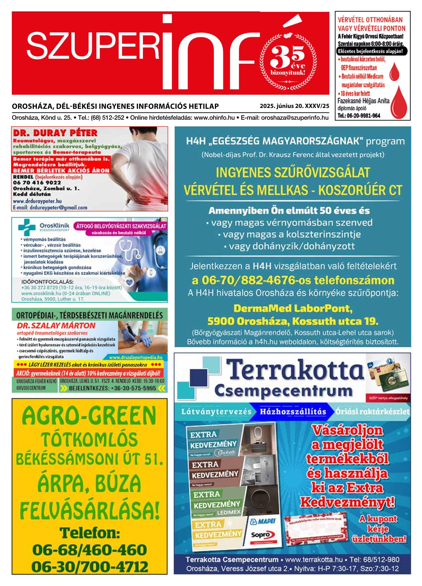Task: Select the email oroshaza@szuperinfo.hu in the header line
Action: pyautogui.click(x=295, y=118)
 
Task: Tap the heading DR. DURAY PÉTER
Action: pyautogui.click(x=55, y=133)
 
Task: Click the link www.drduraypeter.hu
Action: pyautogui.click(x=37, y=201)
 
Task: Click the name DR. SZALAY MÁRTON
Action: pyautogui.click(x=56, y=326)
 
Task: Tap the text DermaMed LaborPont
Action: pyautogui.click(x=293, y=308)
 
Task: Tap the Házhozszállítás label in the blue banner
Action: pyautogui.click(x=293, y=412)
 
